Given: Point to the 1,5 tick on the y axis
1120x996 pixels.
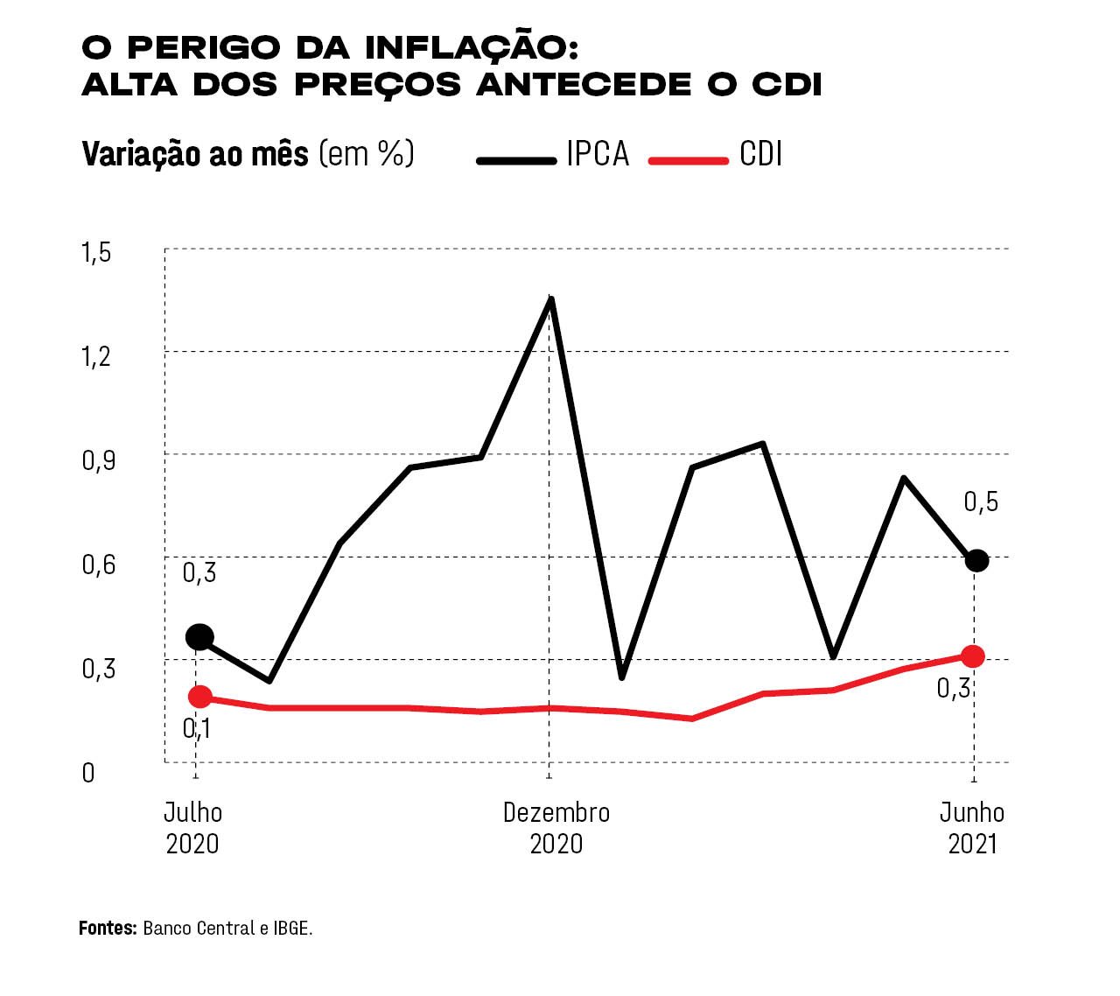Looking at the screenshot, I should [x=97, y=253].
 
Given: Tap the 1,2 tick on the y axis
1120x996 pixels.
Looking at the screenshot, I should [x=97, y=356].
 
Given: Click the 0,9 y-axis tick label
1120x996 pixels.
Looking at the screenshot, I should [x=98, y=460].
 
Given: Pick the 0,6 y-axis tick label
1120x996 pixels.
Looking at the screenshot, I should [x=98, y=564].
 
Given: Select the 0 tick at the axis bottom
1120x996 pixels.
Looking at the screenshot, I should [x=88, y=773].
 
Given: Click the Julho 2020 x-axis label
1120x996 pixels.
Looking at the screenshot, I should [x=193, y=827].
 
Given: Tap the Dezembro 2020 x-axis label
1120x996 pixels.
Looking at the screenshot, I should [x=556, y=827].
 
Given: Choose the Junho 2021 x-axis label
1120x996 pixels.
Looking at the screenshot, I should [x=972, y=827].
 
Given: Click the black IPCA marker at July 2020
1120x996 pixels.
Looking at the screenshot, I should [x=199, y=636].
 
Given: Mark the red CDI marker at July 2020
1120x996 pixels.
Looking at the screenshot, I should [x=199, y=697].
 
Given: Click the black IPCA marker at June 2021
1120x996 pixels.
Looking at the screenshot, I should [x=976, y=560].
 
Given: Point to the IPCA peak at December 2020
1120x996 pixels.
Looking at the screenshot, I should [x=550, y=299].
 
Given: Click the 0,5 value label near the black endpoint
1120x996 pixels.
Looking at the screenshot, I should [x=981, y=502].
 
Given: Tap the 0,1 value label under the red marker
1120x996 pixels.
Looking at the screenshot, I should [x=197, y=728].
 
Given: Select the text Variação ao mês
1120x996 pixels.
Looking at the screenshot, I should [x=195, y=154].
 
